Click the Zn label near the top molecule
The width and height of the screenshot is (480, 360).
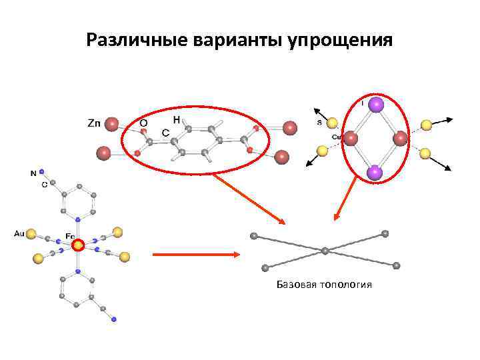[95, 123]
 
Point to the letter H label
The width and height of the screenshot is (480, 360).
[177, 119]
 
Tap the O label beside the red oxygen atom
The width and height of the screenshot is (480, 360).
[143, 123]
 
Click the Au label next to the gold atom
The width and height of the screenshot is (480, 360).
[19, 233]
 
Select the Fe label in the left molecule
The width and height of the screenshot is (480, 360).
[69, 235]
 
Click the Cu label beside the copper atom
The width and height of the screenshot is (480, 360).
[337, 137]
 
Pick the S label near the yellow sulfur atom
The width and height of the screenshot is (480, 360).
[319, 123]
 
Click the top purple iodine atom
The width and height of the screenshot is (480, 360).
[376, 104]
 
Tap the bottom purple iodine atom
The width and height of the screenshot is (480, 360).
[375, 173]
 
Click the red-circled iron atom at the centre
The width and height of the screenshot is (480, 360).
[78, 245]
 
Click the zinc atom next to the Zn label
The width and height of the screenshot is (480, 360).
[112, 123]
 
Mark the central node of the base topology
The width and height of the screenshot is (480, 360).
[325, 251]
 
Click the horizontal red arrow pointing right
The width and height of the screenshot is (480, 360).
[197, 254]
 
